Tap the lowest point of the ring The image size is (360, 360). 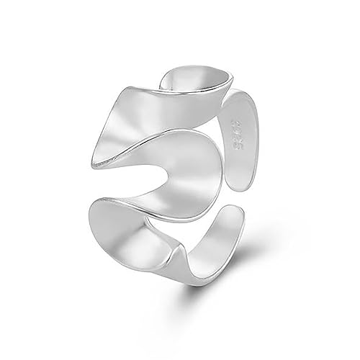189,289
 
